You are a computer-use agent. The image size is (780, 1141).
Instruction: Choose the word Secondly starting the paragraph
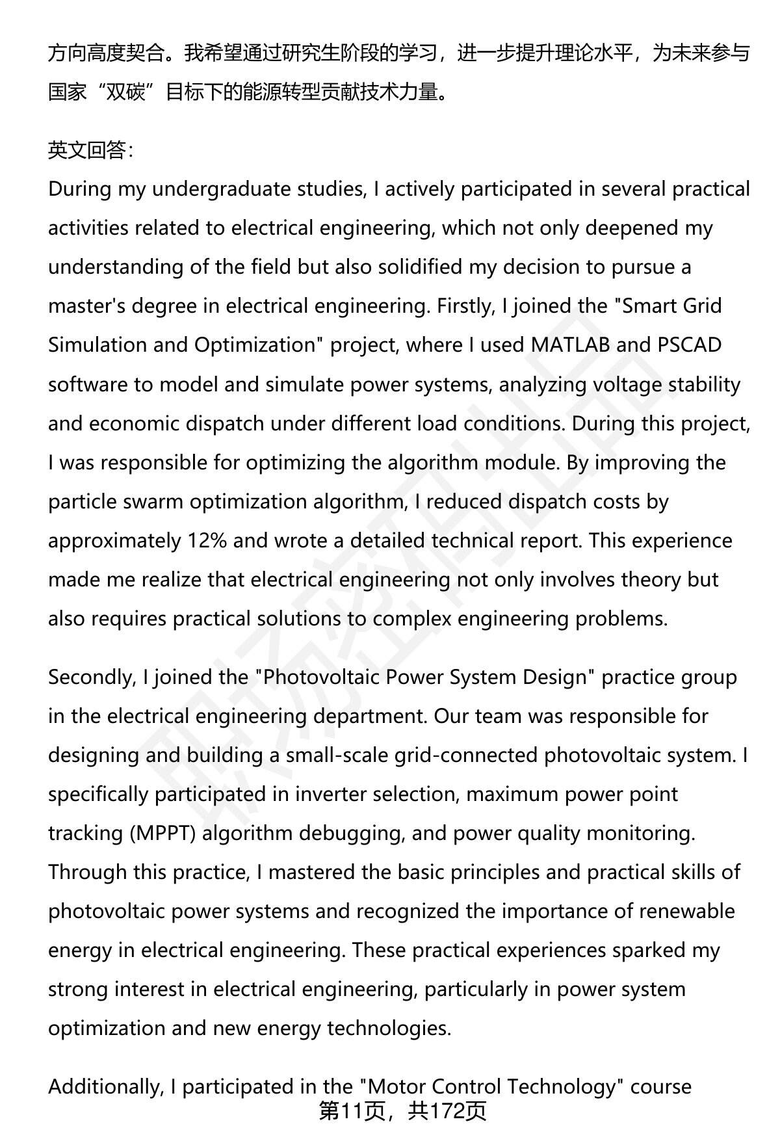point(90,677)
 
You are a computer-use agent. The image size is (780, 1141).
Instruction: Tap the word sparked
point(647,951)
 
